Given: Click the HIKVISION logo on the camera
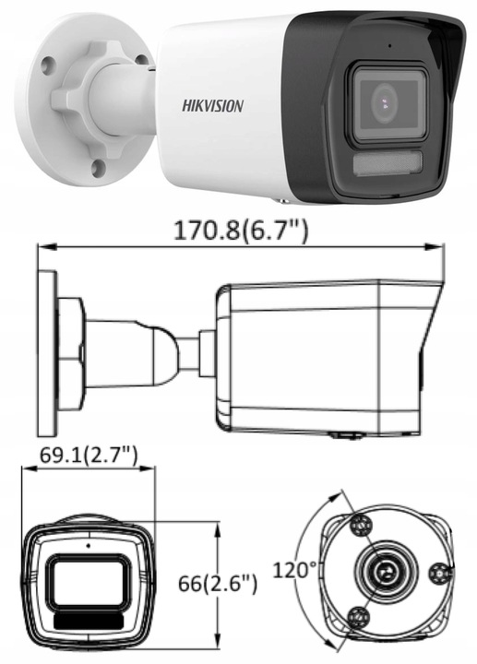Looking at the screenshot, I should [x=211, y=106].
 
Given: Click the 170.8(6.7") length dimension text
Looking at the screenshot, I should [x=241, y=229].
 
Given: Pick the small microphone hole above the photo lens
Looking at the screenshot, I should [x=388, y=45].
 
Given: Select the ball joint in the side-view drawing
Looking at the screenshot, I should [x=163, y=352].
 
